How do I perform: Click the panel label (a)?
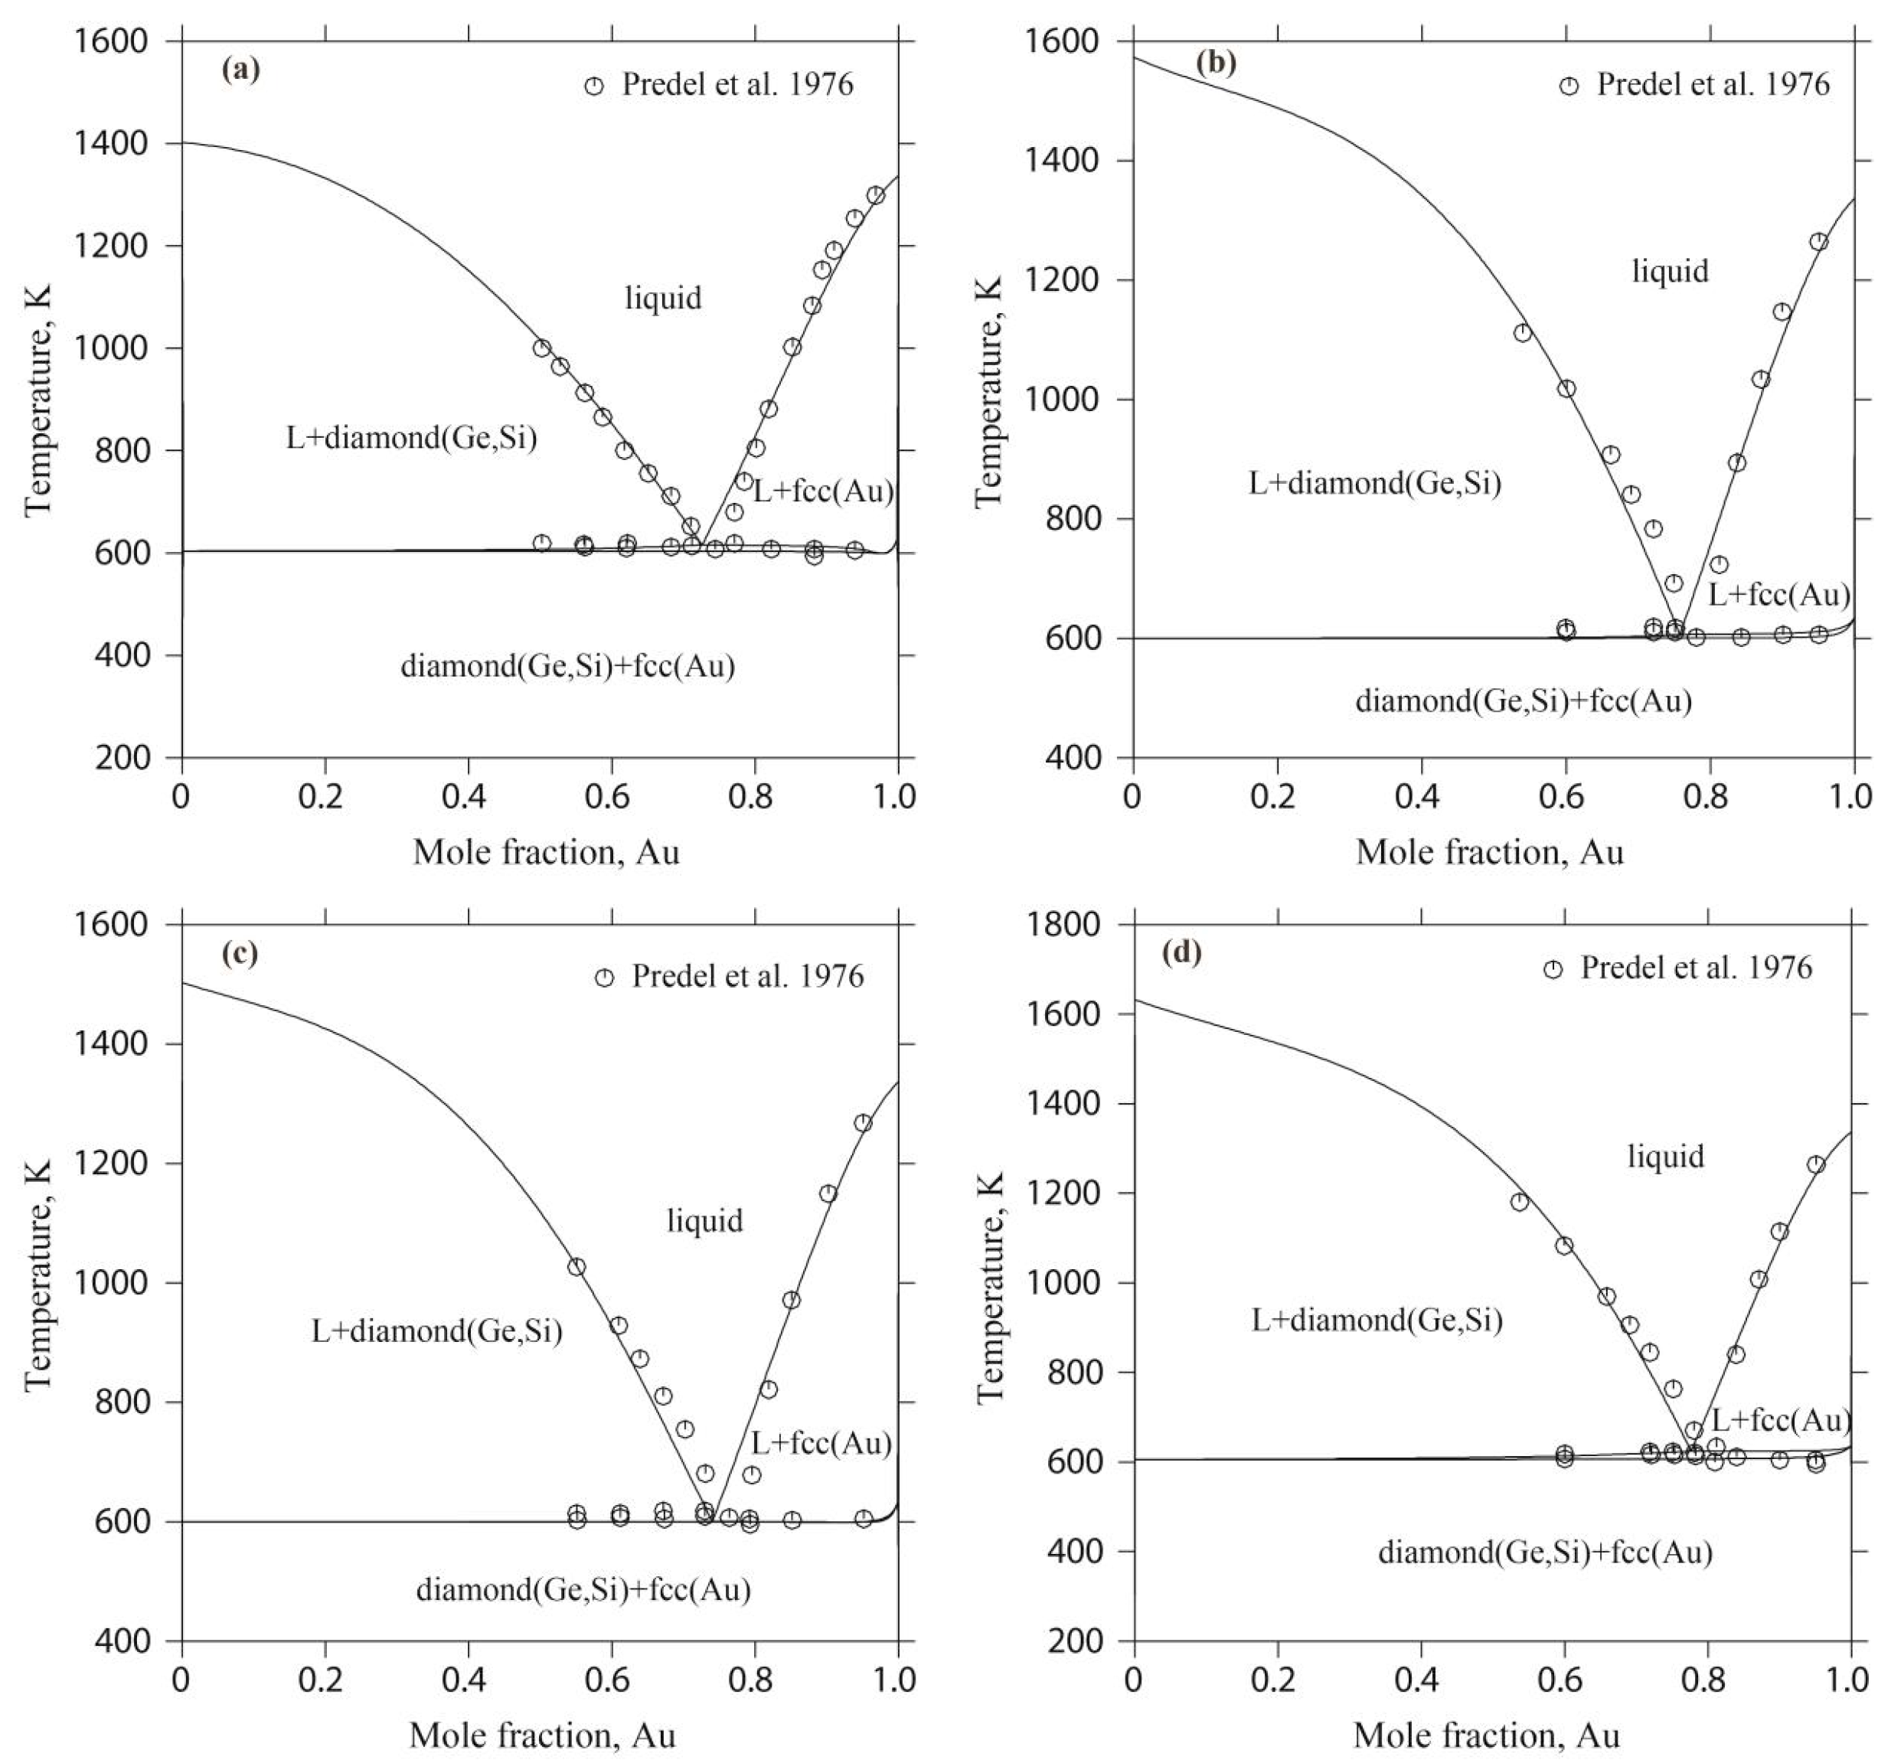(x=240, y=71)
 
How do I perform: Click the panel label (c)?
(x=239, y=953)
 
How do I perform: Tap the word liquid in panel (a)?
(x=663, y=299)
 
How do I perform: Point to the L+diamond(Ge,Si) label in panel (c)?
(x=436, y=1331)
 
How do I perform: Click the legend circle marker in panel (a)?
(x=593, y=86)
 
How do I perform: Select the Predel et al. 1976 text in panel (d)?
(x=1696, y=968)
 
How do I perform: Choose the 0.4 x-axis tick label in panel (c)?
(x=468, y=1679)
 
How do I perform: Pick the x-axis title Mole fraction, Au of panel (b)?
(x=1490, y=853)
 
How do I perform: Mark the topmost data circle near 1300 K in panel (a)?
(x=876, y=195)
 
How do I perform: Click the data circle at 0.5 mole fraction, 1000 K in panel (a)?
(x=541, y=348)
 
